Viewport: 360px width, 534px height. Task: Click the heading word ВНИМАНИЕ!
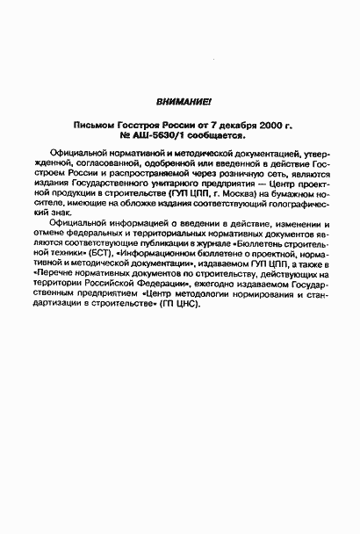coord(178,103)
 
